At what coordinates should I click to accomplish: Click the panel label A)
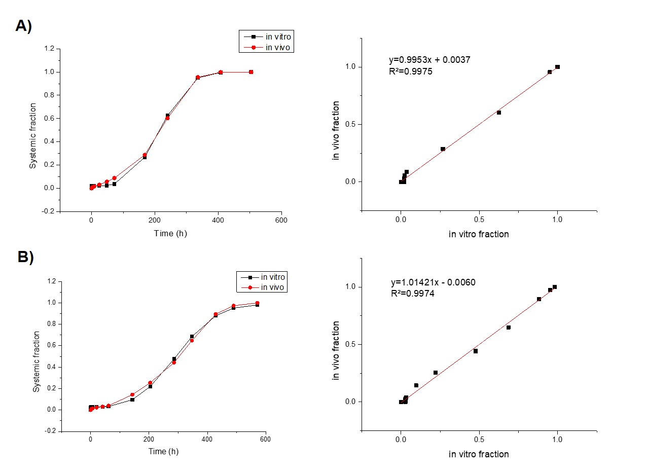[24, 26]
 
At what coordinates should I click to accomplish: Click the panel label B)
[26, 257]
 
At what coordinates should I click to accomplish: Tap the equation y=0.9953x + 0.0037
[429, 60]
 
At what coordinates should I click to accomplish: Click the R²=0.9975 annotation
[410, 71]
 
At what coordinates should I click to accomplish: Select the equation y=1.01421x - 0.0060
[433, 282]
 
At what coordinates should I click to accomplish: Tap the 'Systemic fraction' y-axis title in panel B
[36, 361]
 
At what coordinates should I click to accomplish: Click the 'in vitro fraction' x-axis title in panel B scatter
[479, 454]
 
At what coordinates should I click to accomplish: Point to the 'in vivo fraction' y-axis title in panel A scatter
[336, 130]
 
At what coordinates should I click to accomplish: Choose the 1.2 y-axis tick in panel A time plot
[49, 49]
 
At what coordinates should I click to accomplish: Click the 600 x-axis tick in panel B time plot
[264, 439]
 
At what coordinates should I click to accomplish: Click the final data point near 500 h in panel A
[251, 72]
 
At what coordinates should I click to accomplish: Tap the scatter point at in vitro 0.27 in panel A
[443, 149]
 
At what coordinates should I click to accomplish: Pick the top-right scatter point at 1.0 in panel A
[557, 67]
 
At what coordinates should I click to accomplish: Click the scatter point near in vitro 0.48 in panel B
[476, 351]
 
